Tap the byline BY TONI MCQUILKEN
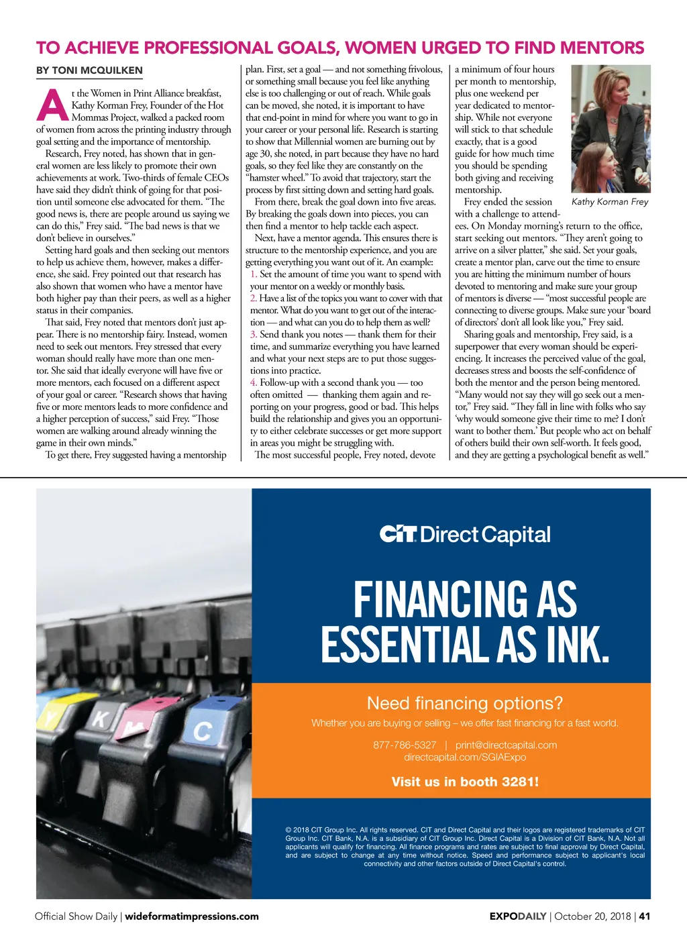pyautogui.click(x=89, y=70)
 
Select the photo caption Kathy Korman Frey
pyautogui.click(x=610, y=201)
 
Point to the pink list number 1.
pyautogui.click(x=254, y=274)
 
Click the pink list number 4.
pyautogui.click(x=254, y=382)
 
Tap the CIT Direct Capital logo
pyautogui.click(x=465, y=535)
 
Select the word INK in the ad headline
pyautogui.click(x=577, y=645)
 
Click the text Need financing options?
pyautogui.click(x=465, y=703)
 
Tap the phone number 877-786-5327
pyautogui.click(x=405, y=745)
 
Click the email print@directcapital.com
pyautogui.click(x=506, y=745)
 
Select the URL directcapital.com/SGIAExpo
pyautogui.click(x=465, y=757)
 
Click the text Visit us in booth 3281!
pyautogui.click(x=465, y=782)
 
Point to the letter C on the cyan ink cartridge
pyautogui.click(x=202, y=731)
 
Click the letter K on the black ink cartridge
pyautogui.click(x=99, y=720)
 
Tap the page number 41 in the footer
pyautogui.click(x=645, y=917)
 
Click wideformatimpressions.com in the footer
pyautogui.click(x=192, y=917)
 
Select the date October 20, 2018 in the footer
pyautogui.click(x=592, y=917)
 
